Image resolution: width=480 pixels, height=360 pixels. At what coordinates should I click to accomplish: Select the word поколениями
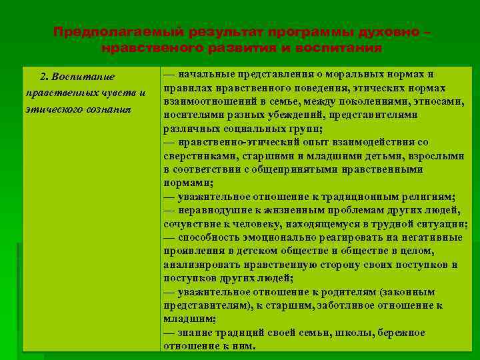coord(371,101)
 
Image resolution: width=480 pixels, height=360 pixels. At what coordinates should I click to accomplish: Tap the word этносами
coord(436,101)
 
